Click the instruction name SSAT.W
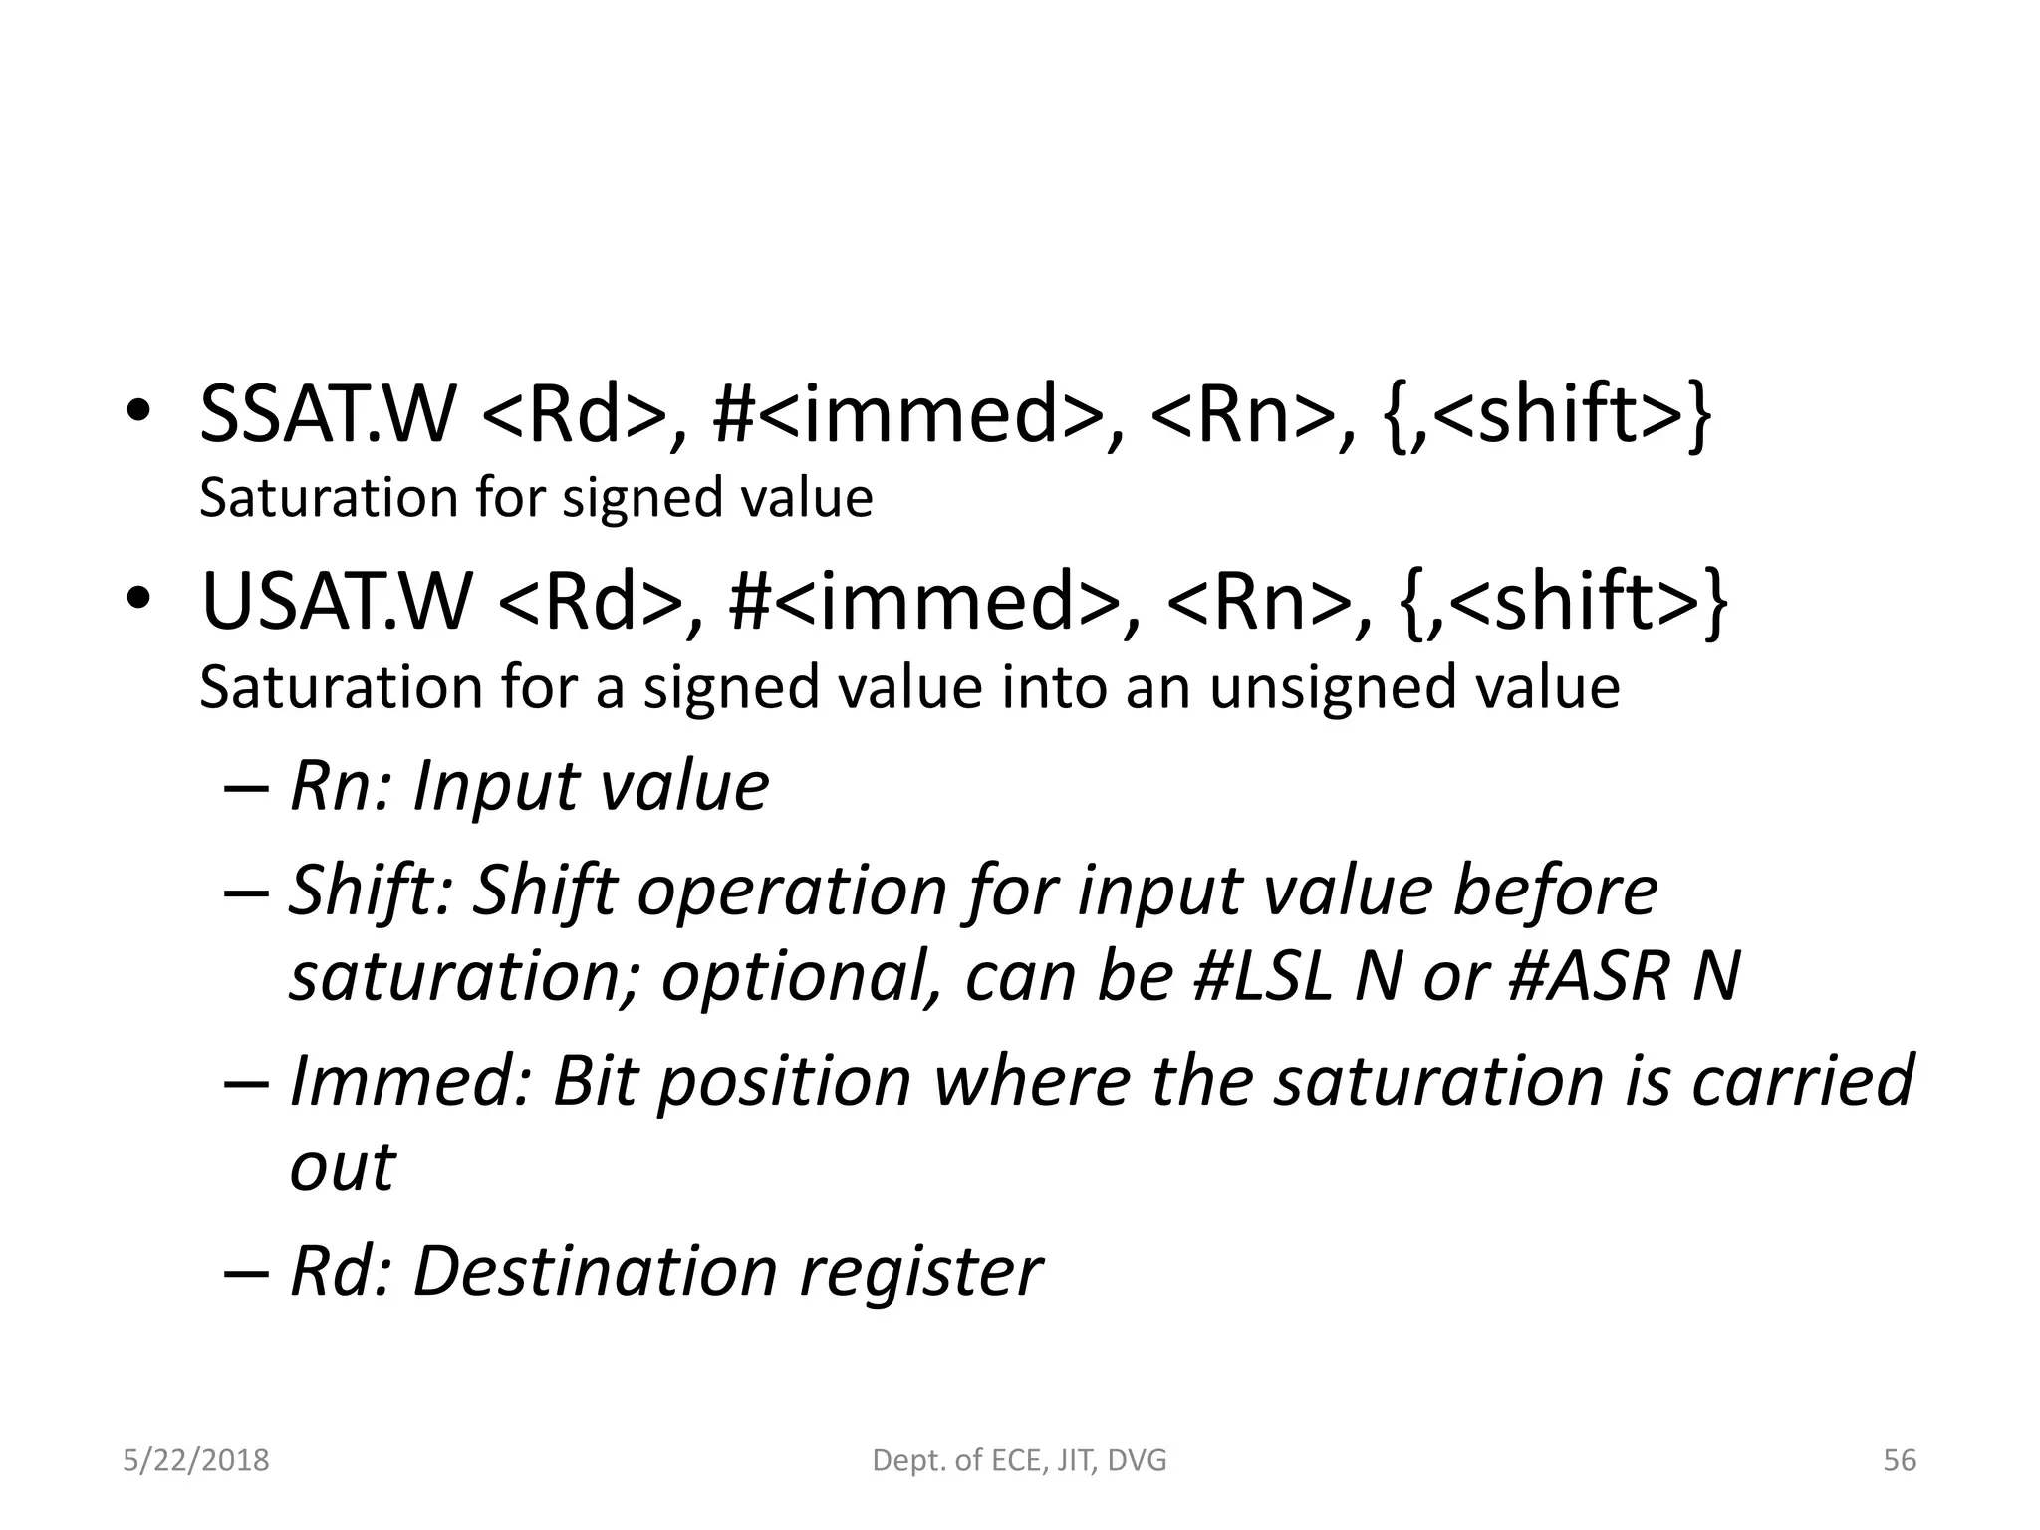(327, 414)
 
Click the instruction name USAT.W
(336, 602)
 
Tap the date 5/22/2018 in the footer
(196, 1460)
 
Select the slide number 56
(1900, 1460)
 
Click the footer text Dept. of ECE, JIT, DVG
(1019, 1460)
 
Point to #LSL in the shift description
(1262, 976)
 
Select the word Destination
(595, 1271)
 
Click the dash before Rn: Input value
(246, 787)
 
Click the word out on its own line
(342, 1167)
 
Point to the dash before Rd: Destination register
(246, 1272)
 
